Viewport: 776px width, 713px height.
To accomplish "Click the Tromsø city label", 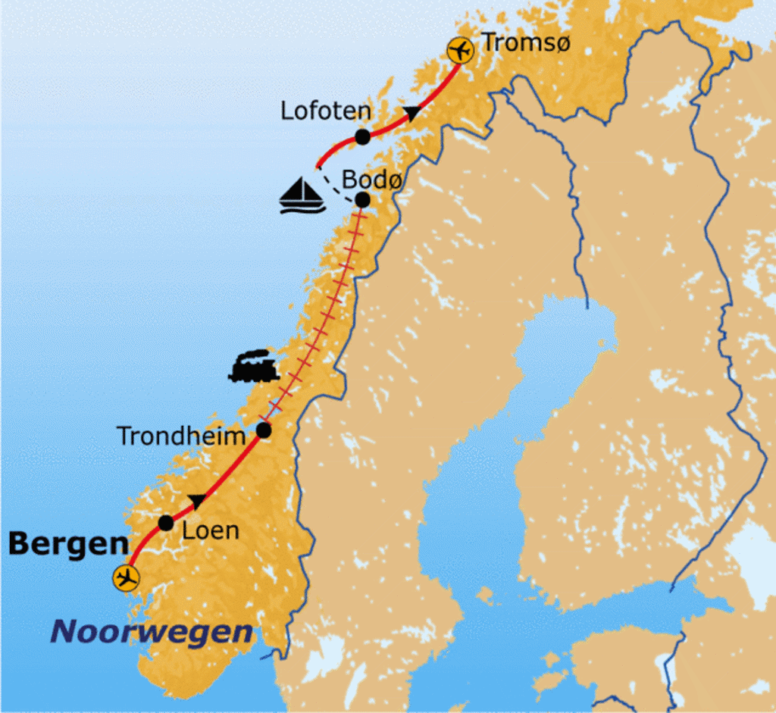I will tap(525, 43).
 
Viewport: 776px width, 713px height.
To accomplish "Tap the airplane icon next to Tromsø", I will tap(460, 51).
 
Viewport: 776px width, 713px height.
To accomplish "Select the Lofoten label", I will tap(326, 111).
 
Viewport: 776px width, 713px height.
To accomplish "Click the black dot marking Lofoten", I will tap(362, 137).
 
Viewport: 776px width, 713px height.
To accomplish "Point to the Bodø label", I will tap(371, 180).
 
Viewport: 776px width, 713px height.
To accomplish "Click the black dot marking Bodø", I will tap(362, 200).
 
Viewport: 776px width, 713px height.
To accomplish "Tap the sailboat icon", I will tap(302, 195).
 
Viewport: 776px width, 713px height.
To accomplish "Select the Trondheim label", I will tap(181, 436).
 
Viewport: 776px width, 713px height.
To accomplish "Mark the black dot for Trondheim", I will tap(264, 430).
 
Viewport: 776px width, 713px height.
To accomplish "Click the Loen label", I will tap(211, 530).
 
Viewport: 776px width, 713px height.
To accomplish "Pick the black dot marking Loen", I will tap(166, 523).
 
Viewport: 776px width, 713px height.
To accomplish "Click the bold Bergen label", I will tap(68, 543).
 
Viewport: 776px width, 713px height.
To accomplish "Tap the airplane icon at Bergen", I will tap(126, 578).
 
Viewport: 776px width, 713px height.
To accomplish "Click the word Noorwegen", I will tap(152, 632).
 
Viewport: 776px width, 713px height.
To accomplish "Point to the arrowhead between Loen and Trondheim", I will tap(197, 501).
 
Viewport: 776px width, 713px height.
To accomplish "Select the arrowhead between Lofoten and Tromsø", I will tap(411, 114).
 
